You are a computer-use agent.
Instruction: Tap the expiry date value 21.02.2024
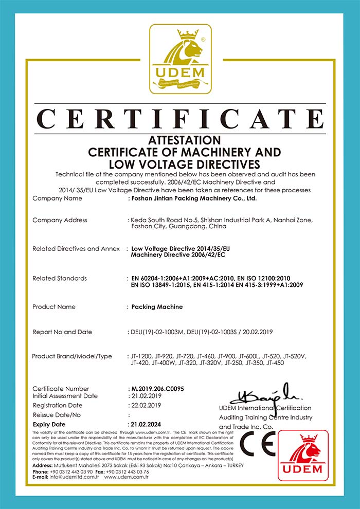[x=147, y=424]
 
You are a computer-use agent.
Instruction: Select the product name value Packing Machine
[x=157, y=306]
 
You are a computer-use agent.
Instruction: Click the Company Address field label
[x=60, y=220]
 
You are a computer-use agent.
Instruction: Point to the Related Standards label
[x=60, y=278]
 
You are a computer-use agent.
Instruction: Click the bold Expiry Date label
[x=49, y=424]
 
